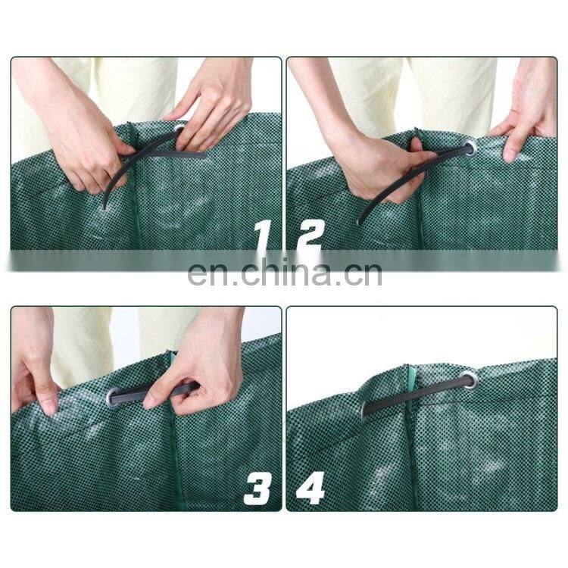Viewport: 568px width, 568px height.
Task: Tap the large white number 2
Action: point(309,236)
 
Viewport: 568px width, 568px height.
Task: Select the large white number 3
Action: point(257,489)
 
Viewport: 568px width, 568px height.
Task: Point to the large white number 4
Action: point(311,489)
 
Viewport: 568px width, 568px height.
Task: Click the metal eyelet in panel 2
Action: point(470,148)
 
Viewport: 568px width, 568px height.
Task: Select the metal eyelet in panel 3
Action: point(114,398)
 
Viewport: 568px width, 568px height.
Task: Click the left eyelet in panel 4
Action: point(364,409)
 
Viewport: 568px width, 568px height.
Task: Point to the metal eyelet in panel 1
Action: point(180,129)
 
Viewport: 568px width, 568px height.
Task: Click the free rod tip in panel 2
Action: point(359,223)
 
